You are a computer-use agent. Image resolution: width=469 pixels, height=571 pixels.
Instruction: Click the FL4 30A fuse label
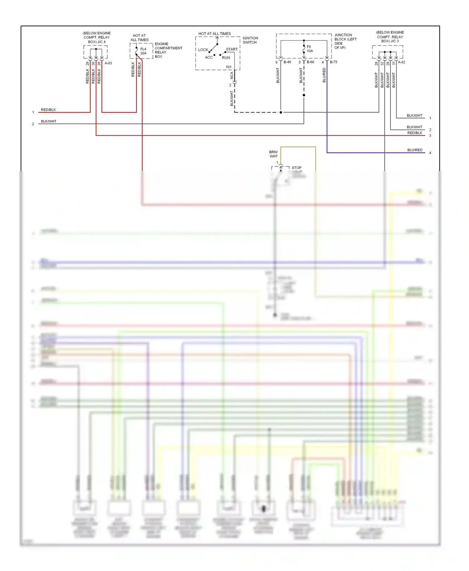pos(143,51)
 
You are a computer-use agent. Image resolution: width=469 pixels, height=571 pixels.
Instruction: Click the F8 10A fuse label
pos(310,49)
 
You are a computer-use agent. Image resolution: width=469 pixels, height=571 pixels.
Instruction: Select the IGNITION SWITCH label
pos(250,40)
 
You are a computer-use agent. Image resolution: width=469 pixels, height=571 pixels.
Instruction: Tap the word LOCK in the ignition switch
pos(203,50)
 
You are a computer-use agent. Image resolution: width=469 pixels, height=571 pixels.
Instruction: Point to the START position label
pos(232,49)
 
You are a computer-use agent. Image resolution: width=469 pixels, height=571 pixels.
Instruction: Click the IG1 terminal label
pos(229,67)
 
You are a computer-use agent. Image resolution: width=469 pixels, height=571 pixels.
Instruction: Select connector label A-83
pos(108,63)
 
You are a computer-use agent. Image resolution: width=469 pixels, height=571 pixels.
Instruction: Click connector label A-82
pos(401,62)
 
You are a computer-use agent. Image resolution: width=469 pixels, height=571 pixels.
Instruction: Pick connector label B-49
pos(287,62)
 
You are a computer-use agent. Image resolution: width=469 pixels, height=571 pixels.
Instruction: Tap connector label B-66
pos(310,62)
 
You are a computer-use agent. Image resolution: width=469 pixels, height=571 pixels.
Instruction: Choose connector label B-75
pos(333,62)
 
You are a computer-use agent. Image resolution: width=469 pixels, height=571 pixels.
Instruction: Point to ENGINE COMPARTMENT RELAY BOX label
pos(168,50)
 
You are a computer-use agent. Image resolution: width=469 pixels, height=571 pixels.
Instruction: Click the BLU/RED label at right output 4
pos(415,150)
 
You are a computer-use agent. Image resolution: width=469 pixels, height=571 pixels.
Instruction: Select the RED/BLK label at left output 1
pos(48,110)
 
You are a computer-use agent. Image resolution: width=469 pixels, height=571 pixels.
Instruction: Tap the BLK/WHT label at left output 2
pos(48,121)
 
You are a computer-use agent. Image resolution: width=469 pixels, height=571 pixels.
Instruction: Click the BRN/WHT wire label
pos(274,154)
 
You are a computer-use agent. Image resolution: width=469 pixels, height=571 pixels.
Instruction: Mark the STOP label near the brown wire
pos(296,168)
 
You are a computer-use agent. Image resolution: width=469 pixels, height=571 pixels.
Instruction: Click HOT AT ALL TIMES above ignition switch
pos(214,34)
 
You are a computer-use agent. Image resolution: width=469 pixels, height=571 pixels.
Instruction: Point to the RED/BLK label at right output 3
pos(415,133)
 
